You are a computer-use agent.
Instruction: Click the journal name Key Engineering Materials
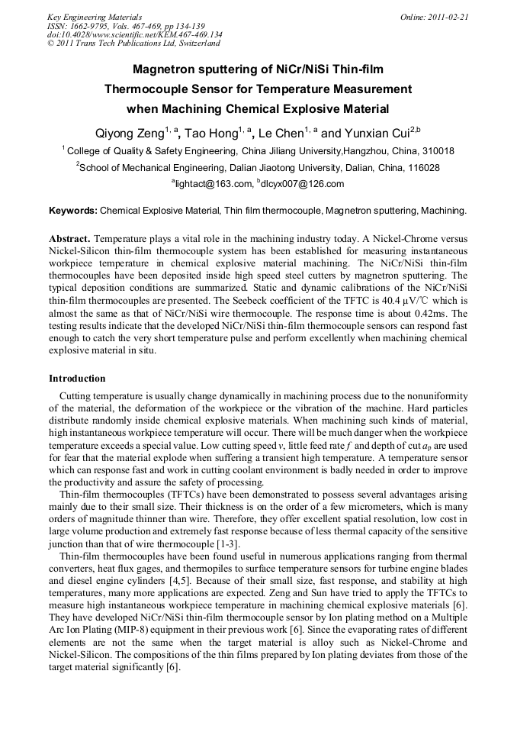point(94,16)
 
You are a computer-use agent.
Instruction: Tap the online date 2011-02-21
point(434,16)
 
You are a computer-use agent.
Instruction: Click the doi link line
point(134,34)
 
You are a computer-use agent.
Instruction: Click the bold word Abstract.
point(70,238)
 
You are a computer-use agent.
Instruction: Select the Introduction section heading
point(77,379)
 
